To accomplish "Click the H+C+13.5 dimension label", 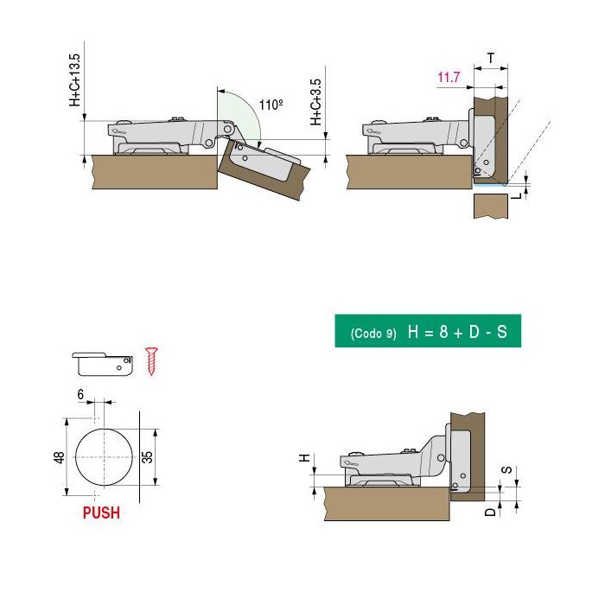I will (74, 80).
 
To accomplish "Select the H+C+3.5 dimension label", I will (316, 103).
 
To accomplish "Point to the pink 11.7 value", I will (449, 78).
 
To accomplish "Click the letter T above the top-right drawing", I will (491, 58).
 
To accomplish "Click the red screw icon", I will (153, 360).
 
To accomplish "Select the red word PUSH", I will (101, 513).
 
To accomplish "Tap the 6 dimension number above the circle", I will (80, 394).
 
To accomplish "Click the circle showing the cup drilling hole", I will (103, 456).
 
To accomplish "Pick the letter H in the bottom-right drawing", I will (304, 458).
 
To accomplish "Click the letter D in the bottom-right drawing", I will (490, 512).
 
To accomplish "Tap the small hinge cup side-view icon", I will (103, 361).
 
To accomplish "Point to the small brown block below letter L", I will (490, 207).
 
